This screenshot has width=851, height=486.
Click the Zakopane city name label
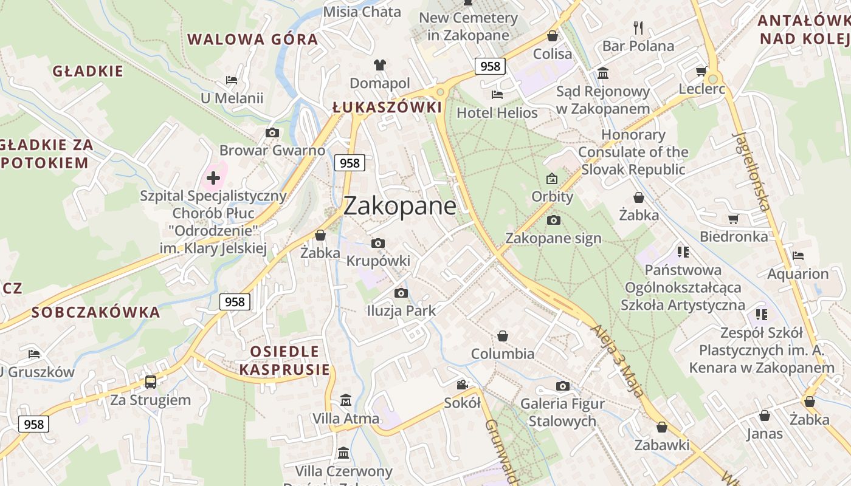coord(399,206)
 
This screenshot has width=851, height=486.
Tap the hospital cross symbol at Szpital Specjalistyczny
coord(213,178)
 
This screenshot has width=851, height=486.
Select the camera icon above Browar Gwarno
coord(272,132)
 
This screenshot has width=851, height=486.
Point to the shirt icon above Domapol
coord(380,65)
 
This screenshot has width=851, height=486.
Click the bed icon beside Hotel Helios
coord(497,95)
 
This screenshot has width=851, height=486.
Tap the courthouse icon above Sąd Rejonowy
coord(603,74)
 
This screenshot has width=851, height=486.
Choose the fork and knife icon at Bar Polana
coord(638,27)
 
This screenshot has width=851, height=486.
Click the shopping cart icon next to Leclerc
coord(701,71)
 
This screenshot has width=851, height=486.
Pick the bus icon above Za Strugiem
coord(150,382)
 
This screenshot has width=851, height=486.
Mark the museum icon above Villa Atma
coord(346,400)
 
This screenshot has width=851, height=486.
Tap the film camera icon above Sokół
coord(463,385)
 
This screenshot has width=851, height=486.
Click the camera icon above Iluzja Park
coord(401,293)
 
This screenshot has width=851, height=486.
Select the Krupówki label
coord(378,261)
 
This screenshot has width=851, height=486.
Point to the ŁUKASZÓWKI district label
coord(387,108)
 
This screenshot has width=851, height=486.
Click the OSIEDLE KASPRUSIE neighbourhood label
coord(284,360)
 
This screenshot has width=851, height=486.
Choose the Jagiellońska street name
coord(752,171)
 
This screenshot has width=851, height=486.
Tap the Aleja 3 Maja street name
coord(617,360)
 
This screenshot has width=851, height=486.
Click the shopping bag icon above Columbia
coord(503,336)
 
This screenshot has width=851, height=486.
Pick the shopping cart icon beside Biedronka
coord(734,219)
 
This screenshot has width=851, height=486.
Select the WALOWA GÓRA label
coord(252,40)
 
